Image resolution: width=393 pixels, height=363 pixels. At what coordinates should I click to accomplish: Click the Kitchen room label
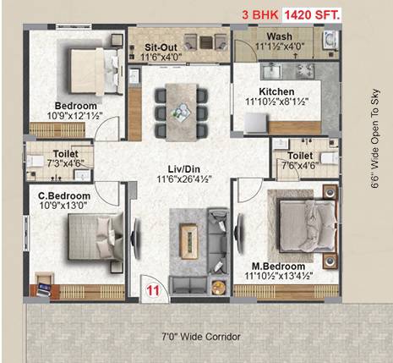click(x=276, y=91)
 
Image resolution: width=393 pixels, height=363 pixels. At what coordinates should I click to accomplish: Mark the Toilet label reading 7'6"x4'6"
click(x=301, y=157)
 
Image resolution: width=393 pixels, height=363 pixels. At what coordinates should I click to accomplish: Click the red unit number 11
click(x=153, y=290)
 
